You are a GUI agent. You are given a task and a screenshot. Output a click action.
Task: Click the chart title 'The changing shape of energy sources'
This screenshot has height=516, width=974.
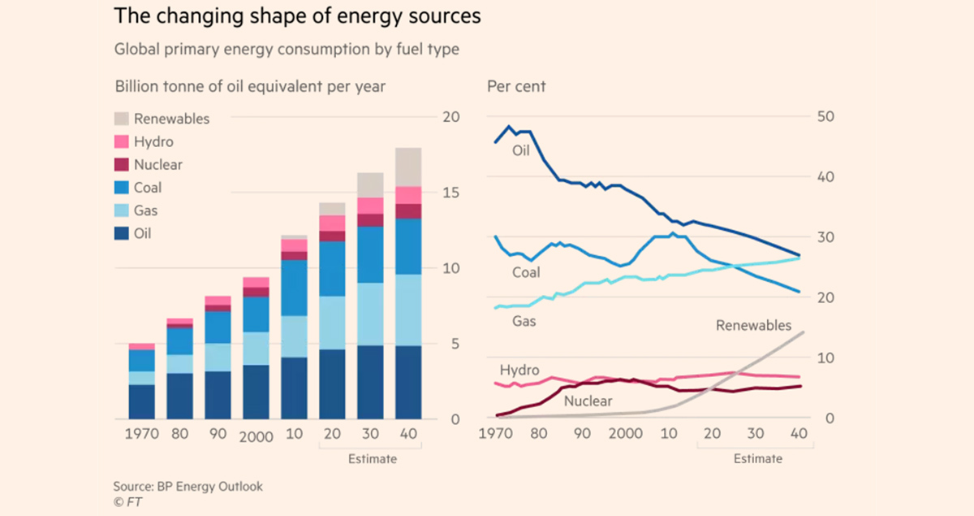point(296,16)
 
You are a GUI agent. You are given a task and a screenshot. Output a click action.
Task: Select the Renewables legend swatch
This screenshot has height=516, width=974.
point(122,119)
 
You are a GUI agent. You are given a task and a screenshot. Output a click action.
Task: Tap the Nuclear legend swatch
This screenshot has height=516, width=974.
point(122,164)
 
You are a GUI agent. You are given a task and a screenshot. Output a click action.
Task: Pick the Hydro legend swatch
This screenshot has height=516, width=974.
point(122,141)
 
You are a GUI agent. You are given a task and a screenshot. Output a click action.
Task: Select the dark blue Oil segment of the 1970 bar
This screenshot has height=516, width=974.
point(141,401)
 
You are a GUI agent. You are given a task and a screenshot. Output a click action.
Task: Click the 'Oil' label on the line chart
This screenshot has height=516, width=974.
point(520,150)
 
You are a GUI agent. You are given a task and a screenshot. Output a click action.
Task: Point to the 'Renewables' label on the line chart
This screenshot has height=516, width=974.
point(752,326)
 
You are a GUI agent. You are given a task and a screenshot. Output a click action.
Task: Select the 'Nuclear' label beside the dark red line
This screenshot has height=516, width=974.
point(588,401)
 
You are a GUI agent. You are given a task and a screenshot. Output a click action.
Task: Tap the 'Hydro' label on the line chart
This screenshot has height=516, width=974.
point(519,371)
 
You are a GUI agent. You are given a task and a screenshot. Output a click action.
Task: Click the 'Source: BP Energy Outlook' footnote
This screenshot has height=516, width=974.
point(187,487)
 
